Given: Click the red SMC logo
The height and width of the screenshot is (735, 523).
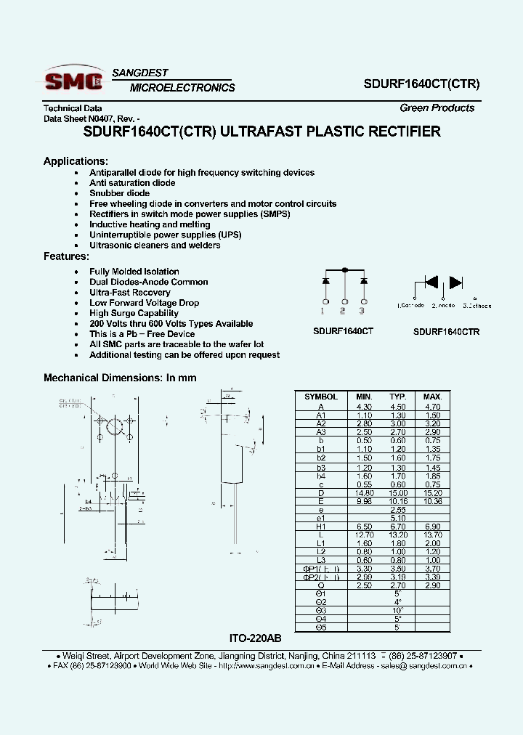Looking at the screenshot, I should click(73, 81).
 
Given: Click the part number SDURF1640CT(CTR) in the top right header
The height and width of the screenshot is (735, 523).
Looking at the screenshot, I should click(421, 84).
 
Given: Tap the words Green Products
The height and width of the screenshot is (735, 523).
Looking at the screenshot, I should click(437, 107).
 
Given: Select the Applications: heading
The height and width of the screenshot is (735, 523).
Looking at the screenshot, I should click(76, 161).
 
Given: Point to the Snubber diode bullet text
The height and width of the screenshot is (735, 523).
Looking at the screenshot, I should click(119, 193).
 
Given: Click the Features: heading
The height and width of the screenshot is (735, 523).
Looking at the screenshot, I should click(66, 256).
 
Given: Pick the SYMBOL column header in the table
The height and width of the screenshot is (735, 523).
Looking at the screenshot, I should click(320, 397).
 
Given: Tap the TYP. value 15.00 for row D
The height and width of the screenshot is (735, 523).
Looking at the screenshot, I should click(397, 492).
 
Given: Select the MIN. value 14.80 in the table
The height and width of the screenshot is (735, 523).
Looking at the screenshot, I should click(363, 492).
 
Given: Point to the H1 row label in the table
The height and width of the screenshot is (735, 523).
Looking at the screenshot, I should click(320, 526).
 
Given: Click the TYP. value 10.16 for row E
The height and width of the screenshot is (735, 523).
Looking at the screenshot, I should click(397, 501).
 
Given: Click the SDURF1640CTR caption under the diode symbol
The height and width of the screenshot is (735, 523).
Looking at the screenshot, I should click(446, 331).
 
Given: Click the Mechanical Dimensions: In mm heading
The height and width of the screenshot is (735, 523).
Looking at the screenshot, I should click(120, 378).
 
